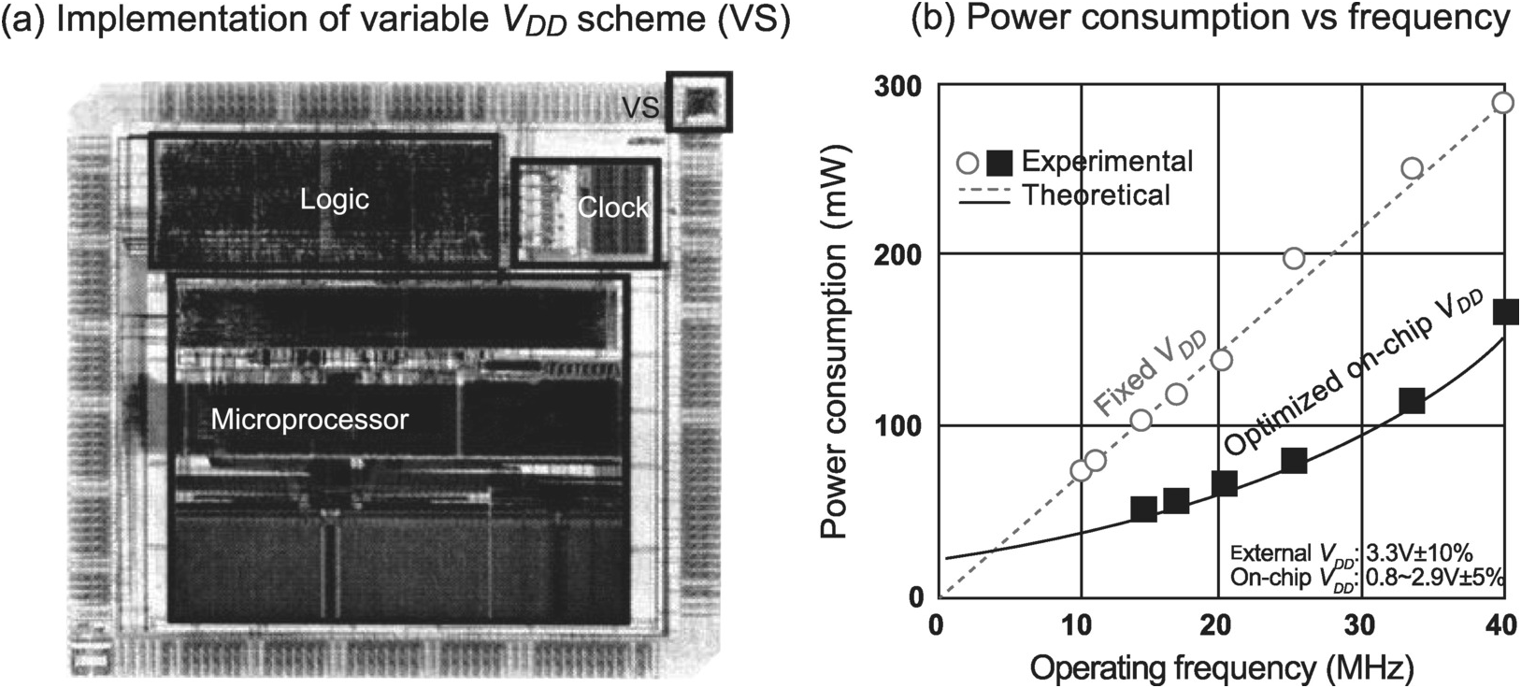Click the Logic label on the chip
point(334,199)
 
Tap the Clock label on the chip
point(612,208)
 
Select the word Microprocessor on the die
point(309,419)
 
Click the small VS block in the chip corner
point(698,101)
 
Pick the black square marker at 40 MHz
point(1504,312)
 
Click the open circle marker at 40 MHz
point(1502,103)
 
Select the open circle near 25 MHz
point(1294,258)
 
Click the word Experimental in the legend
point(1107,161)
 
